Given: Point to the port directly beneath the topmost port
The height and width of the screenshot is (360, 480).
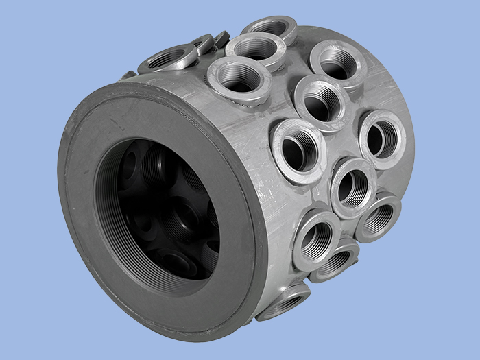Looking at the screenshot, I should (x=255, y=49).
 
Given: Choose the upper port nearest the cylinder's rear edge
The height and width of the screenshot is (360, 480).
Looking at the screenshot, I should (x=336, y=64).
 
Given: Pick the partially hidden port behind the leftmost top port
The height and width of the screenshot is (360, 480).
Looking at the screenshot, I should (x=203, y=43).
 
